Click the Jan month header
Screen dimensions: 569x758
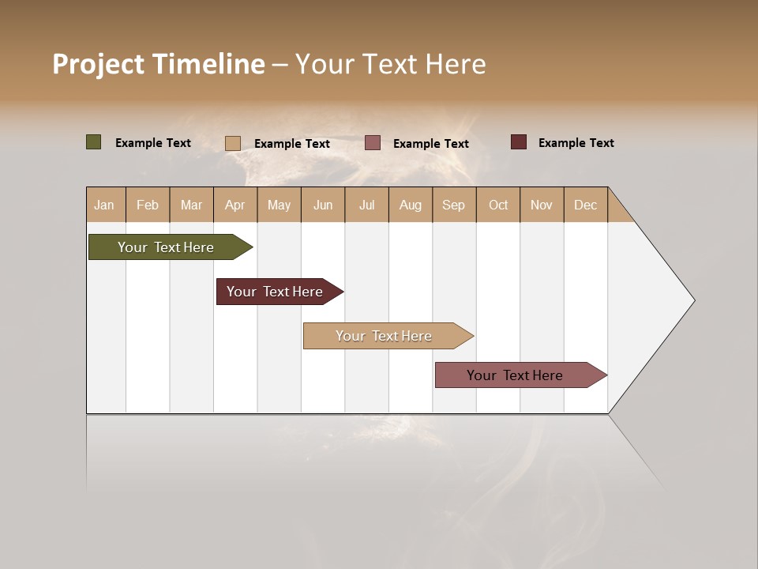pyautogui.click(x=105, y=205)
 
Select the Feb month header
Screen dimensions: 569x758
pyautogui.click(x=148, y=205)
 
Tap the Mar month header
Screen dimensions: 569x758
pyautogui.click(x=191, y=205)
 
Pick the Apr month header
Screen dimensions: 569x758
pyautogui.click(x=235, y=205)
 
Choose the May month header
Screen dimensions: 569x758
pyautogui.click(x=279, y=205)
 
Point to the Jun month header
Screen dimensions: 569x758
pyautogui.click(x=323, y=205)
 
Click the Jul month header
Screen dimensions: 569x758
pyautogui.click(x=366, y=205)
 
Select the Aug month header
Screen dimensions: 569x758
pyautogui.click(x=410, y=205)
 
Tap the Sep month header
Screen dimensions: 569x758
pyautogui.click(x=453, y=205)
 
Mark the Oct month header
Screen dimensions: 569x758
pyautogui.click(x=498, y=205)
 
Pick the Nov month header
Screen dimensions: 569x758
pyautogui.click(x=542, y=205)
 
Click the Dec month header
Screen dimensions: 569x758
pyautogui.click(x=585, y=205)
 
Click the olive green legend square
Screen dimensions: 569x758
pyautogui.click(x=93, y=142)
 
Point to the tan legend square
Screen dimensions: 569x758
pyautogui.click(x=232, y=143)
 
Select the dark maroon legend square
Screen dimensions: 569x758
pyautogui.click(x=518, y=142)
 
